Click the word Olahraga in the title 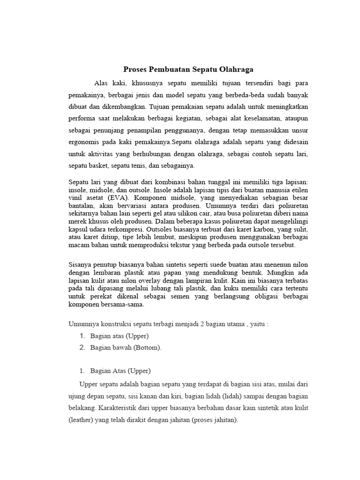[233, 69]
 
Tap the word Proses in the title [134, 69]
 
